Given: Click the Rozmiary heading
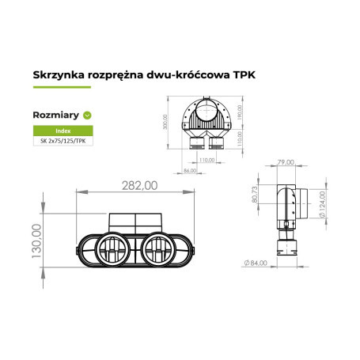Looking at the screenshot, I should point(55,115).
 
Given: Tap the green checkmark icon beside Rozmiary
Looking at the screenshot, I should point(88,115).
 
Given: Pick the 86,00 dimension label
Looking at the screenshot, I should point(190,171).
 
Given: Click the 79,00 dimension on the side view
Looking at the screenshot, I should point(286,164).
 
